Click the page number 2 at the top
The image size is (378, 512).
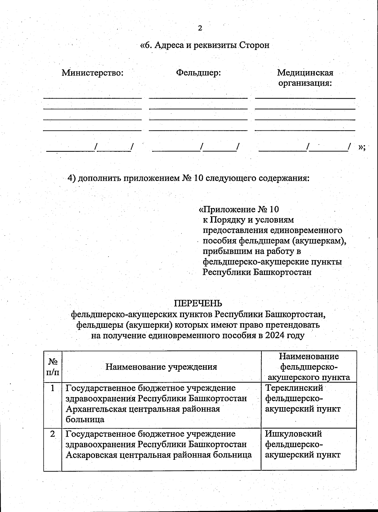(x=200, y=28)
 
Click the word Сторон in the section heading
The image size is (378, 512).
(x=254, y=45)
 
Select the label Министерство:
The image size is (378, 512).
(x=92, y=73)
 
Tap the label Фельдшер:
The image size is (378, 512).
(x=198, y=73)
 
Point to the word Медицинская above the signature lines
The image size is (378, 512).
(x=305, y=73)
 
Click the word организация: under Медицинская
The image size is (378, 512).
(x=305, y=83)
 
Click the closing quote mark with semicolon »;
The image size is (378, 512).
(x=362, y=147)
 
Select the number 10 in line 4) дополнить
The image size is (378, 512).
(x=198, y=178)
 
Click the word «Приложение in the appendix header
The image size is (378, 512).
(x=227, y=209)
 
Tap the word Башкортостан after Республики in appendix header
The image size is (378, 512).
(x=282, y=272)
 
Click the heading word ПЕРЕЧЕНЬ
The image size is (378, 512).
(x=198, y=303)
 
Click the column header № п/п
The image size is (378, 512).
(x=53, y=367)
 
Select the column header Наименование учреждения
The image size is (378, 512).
(x=161, y=367)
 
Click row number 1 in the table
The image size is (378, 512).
(x=53, y=388)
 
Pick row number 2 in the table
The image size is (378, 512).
(x=53, y=434)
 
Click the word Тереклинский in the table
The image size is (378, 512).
(x=294, y=388)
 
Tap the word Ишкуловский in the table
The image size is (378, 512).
(x=293, y=434)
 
